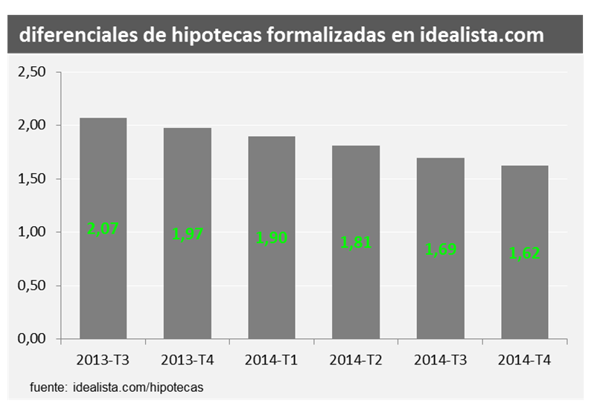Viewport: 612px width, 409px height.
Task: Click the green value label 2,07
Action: pos(103,230)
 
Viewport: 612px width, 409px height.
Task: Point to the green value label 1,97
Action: pos(188,234)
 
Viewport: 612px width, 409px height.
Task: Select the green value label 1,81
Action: pos(356,243)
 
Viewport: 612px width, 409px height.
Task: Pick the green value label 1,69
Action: pos(440,250)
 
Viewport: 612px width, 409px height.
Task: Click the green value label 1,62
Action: pos(524,254)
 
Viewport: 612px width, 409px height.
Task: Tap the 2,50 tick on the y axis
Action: pos(31,71)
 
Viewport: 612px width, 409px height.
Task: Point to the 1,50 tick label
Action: pos(31,178)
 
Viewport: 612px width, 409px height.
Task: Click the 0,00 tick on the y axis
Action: pos(31,339)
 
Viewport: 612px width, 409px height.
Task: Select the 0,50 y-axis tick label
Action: pos(31,286)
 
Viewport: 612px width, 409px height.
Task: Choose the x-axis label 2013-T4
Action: pos(188,361)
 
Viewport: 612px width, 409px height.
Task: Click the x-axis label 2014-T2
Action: pos(356,361)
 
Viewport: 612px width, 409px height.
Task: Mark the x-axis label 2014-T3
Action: pos(440,361)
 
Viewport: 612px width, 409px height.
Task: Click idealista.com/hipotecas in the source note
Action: pos(138,387)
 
